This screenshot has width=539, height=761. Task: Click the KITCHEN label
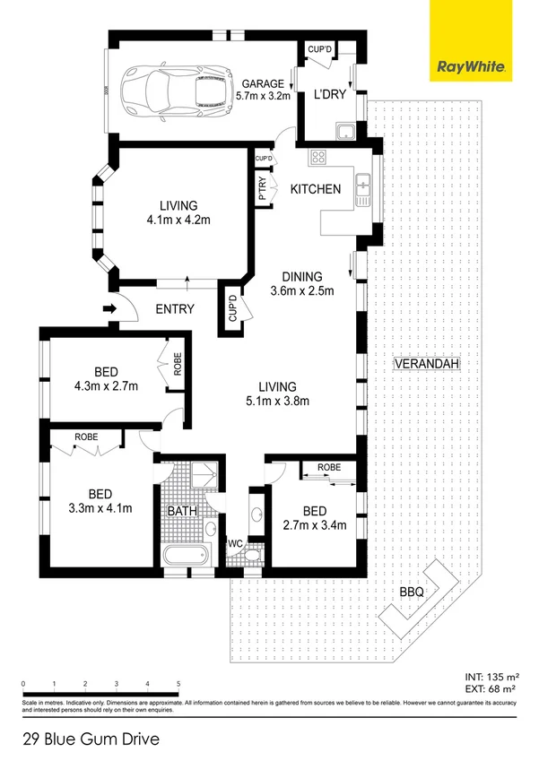tap(315, 189)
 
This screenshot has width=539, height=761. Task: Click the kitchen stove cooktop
tap(318, 159)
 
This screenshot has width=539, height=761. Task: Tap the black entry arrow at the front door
tap(109, 309)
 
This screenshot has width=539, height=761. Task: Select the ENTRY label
tap(175, 309)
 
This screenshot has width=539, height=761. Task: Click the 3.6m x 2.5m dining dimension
tap(302, 290)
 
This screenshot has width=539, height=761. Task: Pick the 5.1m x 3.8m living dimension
tap(278, 401)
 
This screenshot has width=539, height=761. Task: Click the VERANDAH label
tap(426, 364)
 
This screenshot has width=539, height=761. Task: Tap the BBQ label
tap(412, 592)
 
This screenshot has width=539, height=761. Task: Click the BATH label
tap(182, 511)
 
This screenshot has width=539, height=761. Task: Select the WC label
tap(235, 544)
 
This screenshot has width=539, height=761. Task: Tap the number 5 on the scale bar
tap(178, 683)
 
